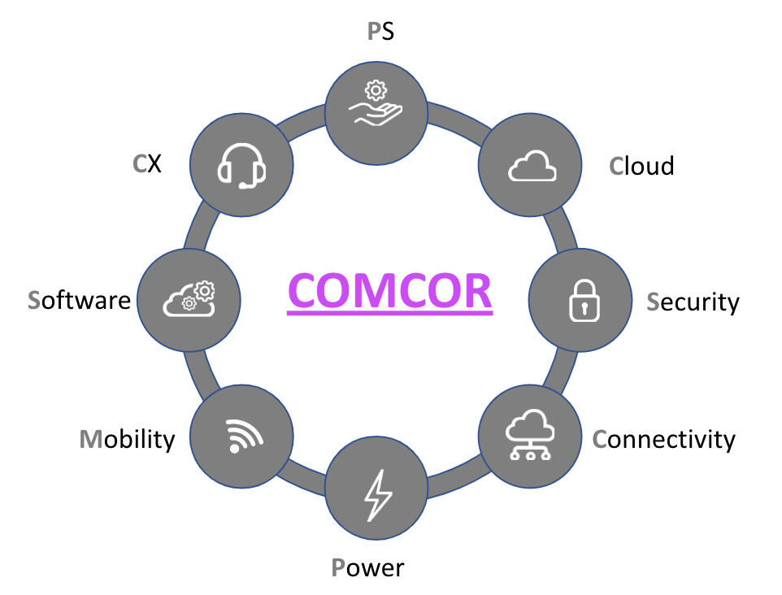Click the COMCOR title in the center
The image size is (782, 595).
[389, 290]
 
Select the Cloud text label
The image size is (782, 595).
[641, 166]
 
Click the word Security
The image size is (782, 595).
[693, 302]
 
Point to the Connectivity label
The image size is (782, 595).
[663, 439]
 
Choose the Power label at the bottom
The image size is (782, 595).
[367, 567]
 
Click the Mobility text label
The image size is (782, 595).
[127, 439]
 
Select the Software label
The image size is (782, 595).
[79, 299]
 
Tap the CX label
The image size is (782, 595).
[147, 163]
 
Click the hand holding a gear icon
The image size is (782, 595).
[376, 105]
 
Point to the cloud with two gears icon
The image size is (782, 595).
[189, 299]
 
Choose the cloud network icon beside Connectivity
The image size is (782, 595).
[530, 436]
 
